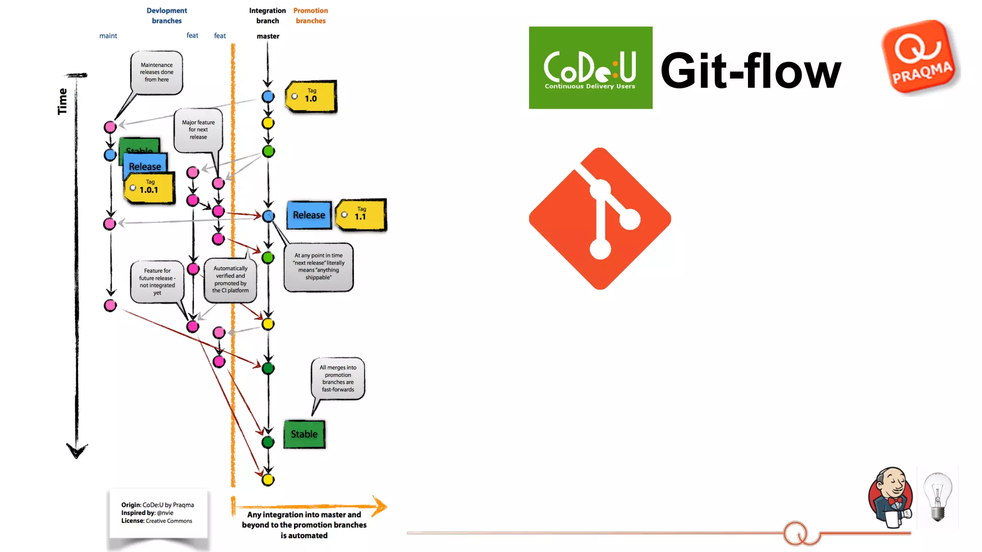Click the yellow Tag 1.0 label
311,96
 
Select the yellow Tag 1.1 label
361,215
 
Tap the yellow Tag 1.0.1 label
149,188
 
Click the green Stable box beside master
304,434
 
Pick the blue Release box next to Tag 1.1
309,215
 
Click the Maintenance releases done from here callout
157,72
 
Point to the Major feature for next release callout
198,130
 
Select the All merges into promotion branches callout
338,379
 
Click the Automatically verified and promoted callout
230,280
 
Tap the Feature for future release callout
157,282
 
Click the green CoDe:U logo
590,68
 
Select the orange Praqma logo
920,57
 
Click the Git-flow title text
750,71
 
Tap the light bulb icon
937,497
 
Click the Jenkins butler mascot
890,497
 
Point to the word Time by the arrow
62,102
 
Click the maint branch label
108,36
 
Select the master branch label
268,36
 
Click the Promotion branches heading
311,16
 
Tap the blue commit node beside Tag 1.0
268,96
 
